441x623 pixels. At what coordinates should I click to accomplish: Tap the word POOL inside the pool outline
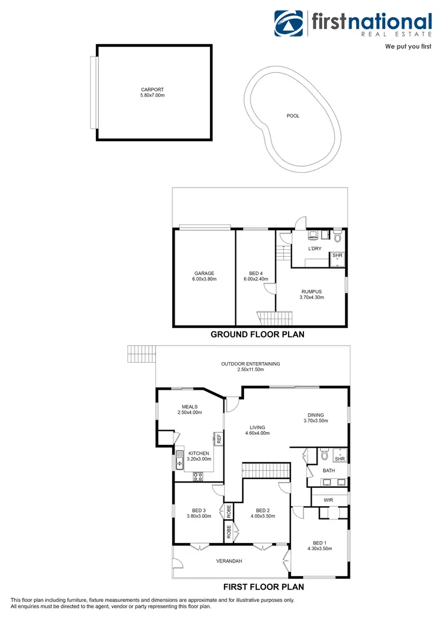tap(293, 116)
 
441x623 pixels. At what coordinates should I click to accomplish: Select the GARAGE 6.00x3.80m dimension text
tap(205, 279)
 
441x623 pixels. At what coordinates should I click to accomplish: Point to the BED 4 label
tap(255, 273)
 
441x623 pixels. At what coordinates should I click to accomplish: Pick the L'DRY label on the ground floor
tap(315, 249)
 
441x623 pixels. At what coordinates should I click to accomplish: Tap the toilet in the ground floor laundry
tap(337, 237)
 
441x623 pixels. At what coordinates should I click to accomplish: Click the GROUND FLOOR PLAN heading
tap(258, 334)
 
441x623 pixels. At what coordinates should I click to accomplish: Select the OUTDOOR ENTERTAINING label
tap(250, 364)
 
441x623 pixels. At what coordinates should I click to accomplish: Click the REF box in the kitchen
tap(218, 438)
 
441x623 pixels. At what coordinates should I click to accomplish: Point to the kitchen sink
tap(179, 459)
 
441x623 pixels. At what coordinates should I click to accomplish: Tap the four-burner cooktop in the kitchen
tap(198, 477)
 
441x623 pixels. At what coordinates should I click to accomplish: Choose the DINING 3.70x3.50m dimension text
tap(316, 420)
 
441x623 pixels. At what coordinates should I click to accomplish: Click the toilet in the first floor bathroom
tap(324, 454)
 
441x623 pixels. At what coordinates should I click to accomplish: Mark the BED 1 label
tap(319, 542)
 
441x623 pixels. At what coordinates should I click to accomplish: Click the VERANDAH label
tap(229, 561)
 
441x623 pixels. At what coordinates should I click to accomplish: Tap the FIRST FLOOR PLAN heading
tap(263, 587)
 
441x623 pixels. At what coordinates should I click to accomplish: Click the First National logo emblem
tap(290, 23)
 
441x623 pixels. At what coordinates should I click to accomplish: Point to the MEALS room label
tap(189, 407)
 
